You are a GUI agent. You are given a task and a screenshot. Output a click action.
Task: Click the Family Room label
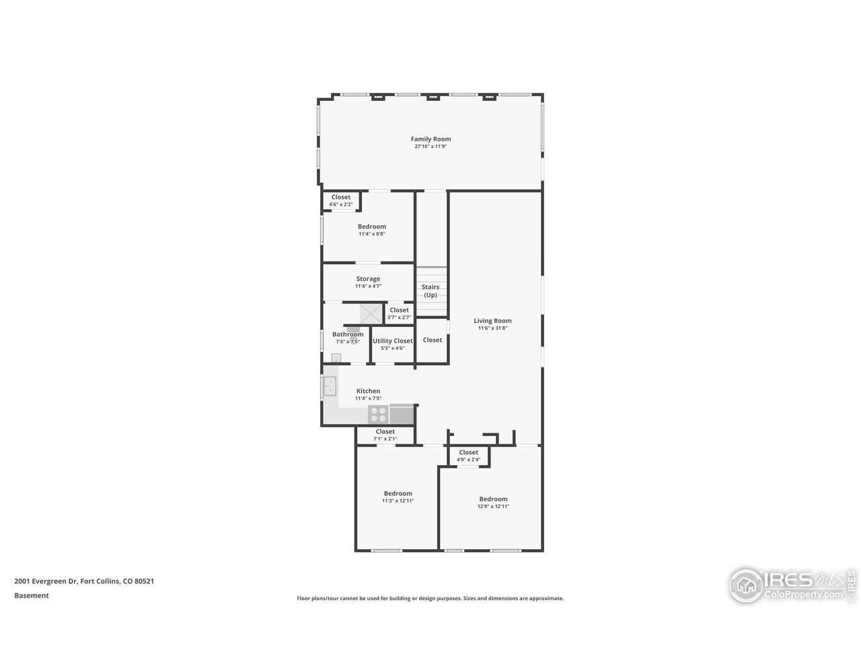[x=430, y=139]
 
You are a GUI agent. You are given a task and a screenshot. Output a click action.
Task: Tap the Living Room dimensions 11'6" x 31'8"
[x=492, y=328]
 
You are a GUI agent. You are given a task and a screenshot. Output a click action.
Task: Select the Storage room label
[x=368, y=279]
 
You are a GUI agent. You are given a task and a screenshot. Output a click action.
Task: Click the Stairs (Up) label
[x=430, y=291]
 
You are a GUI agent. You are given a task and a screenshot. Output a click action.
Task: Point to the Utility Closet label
[x=392, y=341]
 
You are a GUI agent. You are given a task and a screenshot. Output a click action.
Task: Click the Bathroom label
[x=347, y=334]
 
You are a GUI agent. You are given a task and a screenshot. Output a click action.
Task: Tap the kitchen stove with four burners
[x=378, y=414]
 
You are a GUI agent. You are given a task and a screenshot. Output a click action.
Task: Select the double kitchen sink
[x=330, y=387]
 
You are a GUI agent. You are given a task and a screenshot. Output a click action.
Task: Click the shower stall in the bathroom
[x=370, y=314]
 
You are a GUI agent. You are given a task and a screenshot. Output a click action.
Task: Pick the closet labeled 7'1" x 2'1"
[x=385, y=435]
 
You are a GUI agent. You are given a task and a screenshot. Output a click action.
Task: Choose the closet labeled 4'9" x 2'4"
[x=468, y=456]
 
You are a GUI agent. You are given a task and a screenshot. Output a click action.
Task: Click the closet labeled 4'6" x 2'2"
[x=340, y=201]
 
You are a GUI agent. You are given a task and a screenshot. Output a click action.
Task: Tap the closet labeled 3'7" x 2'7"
[x=399, y=314]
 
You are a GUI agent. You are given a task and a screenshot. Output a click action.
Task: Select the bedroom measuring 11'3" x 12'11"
[x=398, y=497]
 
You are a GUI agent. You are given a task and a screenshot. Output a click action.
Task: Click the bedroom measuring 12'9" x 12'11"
[x=492, y=502]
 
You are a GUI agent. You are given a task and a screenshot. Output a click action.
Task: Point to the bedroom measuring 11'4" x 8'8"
[x=371, y=229]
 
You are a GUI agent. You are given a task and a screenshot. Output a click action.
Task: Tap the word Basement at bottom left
[x=32, y=596]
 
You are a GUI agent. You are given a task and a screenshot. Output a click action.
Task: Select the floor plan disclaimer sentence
[x=430, y=598]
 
